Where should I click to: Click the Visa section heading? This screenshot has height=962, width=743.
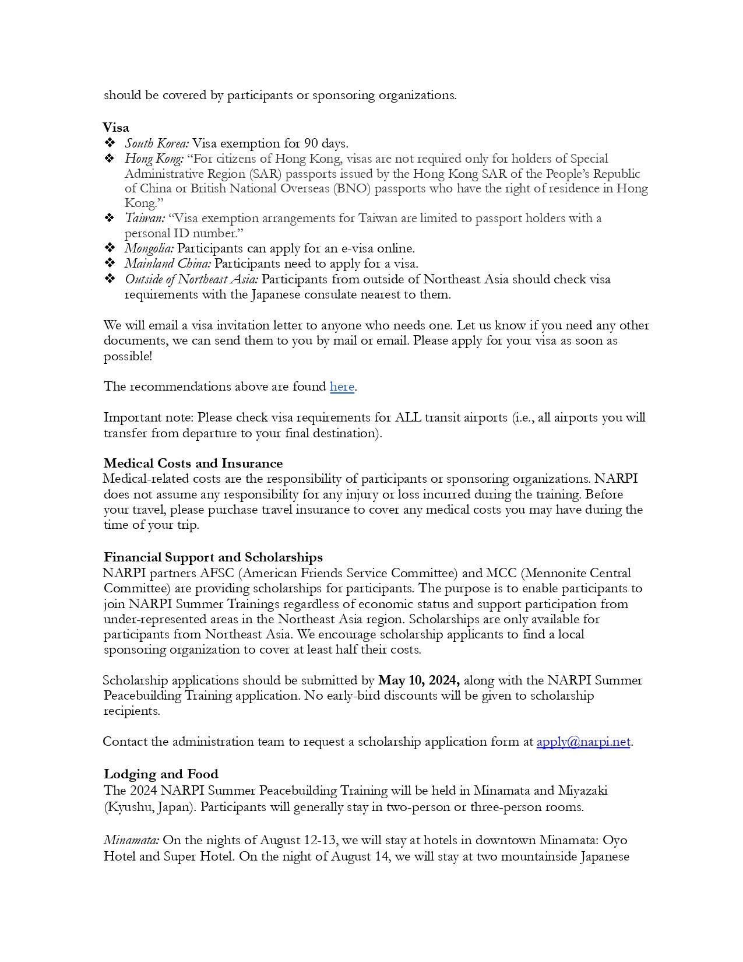pos(116,127)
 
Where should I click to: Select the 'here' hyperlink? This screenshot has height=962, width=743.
pos(342,387)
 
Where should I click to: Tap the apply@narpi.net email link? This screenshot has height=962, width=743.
pos(583,742)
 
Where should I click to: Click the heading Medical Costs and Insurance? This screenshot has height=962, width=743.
pos(193,464)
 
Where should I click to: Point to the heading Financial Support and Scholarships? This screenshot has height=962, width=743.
pos(213,557)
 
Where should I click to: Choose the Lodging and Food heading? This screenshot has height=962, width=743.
pos(161,774)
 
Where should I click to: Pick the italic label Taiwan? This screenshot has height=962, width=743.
pos(145,218)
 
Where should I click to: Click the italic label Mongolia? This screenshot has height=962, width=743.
pos(149,248)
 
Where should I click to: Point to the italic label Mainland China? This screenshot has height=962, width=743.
pos(168,264)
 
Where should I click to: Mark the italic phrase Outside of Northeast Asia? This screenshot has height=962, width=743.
pos(191,279)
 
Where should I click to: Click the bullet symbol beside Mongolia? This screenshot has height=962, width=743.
pos(110,248)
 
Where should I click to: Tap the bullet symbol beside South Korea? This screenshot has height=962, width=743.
pos(110,143)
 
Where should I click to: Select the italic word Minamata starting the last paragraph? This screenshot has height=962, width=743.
pos(131,840)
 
